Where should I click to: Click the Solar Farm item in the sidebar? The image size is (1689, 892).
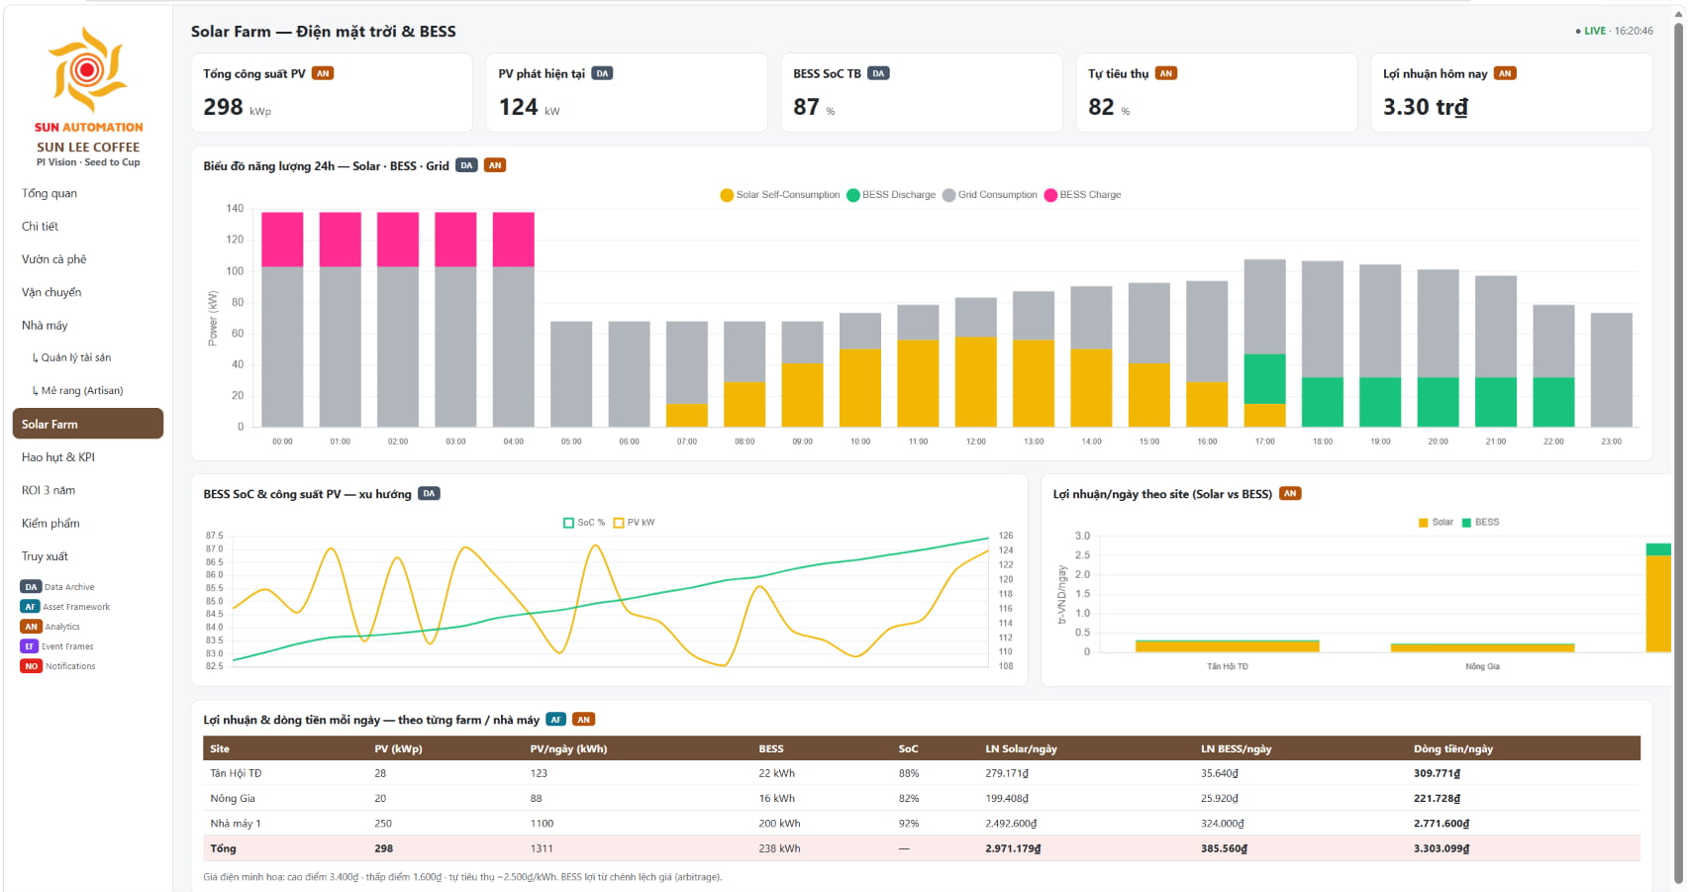(87, 424)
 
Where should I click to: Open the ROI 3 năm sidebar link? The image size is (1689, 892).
(49, 490)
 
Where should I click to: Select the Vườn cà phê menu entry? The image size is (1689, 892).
(53, 259)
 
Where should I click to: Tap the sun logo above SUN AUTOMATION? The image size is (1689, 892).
(87, 69)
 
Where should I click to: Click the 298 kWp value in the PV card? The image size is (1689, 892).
(237, 107)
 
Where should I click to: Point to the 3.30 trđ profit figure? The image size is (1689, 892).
(1425, 107)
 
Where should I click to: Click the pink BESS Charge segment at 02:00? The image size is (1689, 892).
(397, 240)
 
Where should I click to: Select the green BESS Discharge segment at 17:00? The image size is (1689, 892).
(1264, 379)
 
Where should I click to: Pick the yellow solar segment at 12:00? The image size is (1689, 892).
(976, 382)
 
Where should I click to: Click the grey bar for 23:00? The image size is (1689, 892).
(1612, 370)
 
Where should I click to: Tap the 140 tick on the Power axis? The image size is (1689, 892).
(235, 208)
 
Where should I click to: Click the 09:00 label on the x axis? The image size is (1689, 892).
(802, 442)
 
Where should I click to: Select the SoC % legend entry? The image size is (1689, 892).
(584, 523)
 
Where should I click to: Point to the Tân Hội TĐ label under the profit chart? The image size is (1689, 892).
(1227, 666)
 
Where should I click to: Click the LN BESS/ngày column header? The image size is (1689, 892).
(1236, 748)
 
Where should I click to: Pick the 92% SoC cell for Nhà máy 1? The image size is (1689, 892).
(909, 824)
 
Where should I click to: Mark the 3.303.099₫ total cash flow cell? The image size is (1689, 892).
(1441, 848)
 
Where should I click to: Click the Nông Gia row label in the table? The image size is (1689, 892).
(233, 798)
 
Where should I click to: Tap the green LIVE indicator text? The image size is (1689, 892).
(1595, 31)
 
